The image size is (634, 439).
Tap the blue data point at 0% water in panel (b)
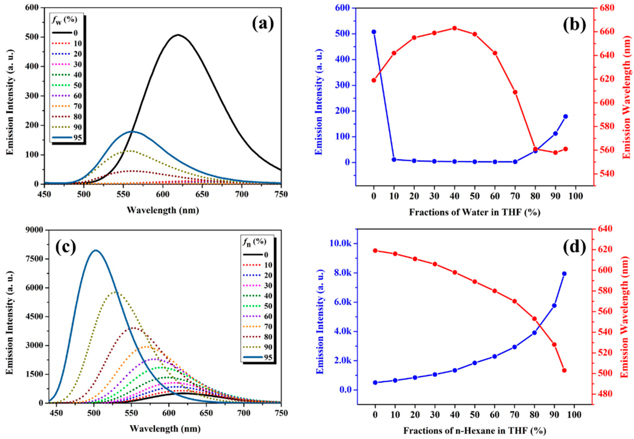click(374, 32)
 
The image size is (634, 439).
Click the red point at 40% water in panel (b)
click(455, 28)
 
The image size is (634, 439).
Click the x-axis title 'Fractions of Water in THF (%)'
click(475, 213)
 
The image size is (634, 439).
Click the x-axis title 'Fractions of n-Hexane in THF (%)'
click(475, 430)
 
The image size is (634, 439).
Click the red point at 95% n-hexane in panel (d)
click(564, 370)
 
